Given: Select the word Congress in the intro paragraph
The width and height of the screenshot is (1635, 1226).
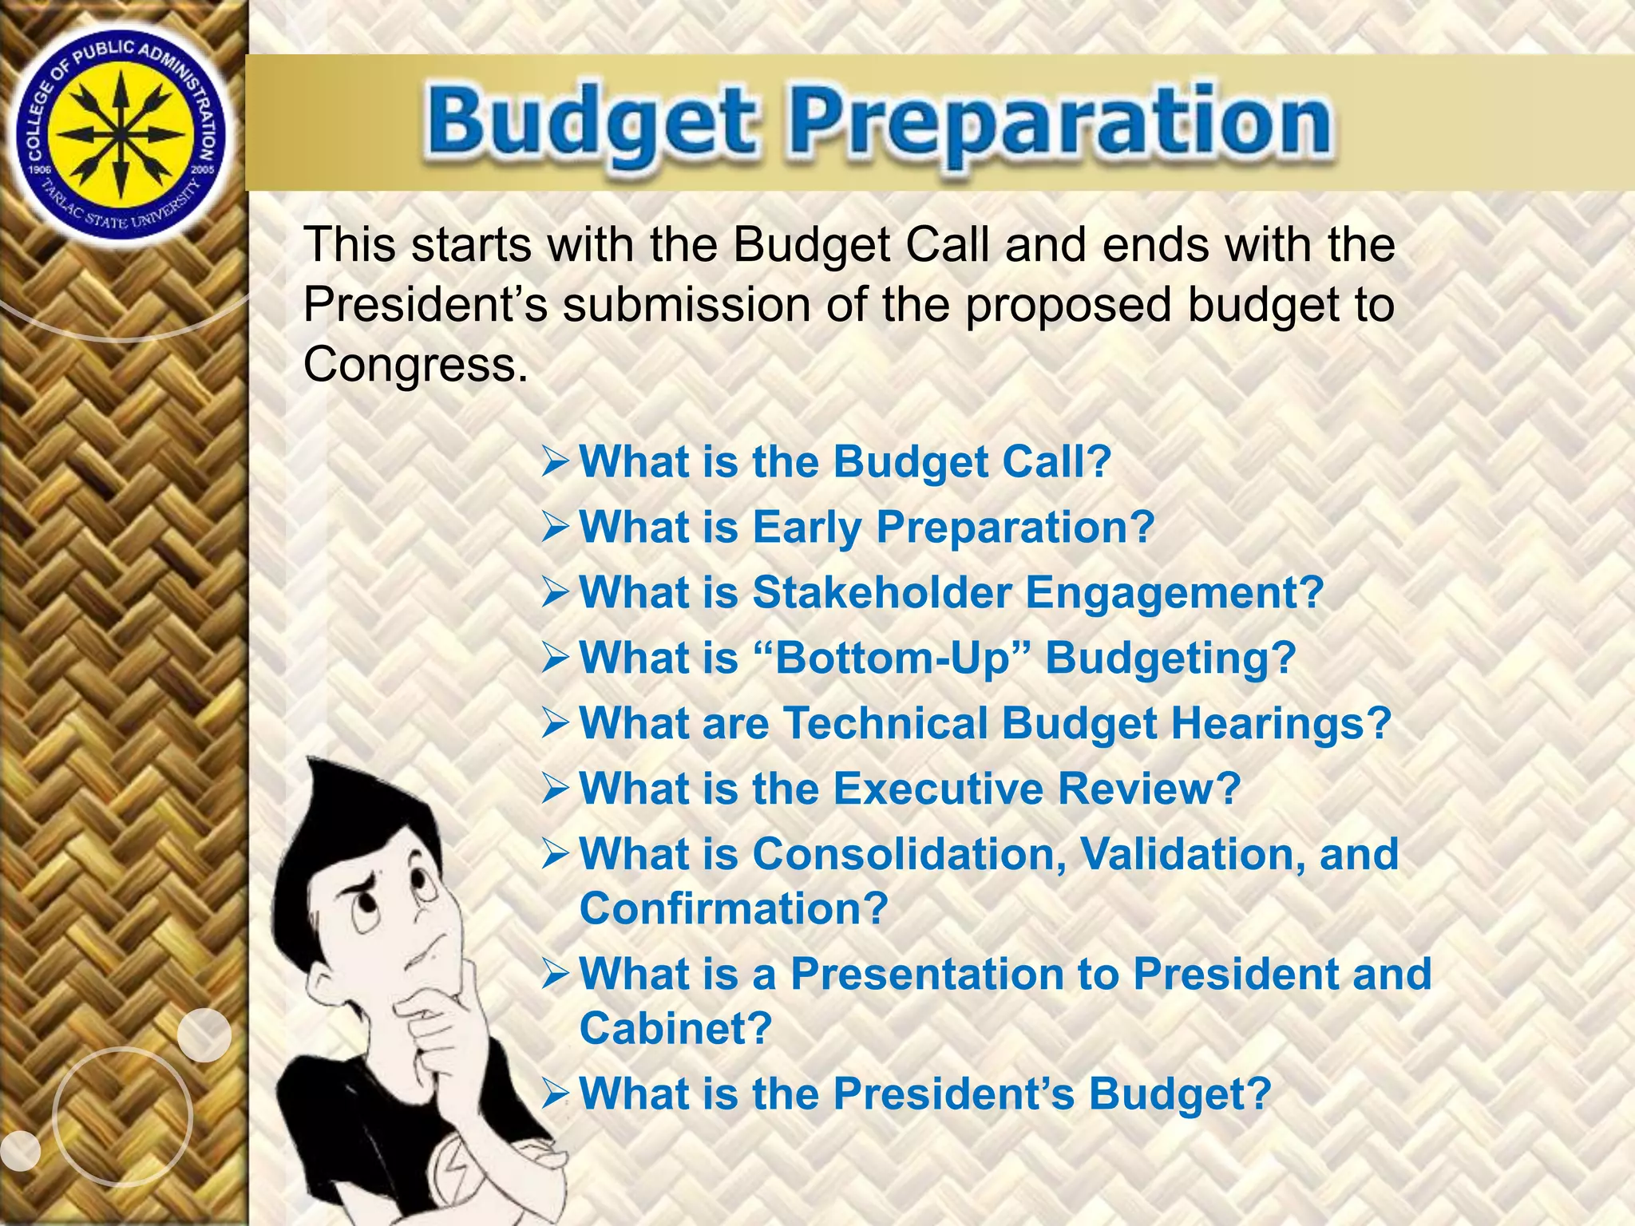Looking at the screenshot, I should tap(414, 365).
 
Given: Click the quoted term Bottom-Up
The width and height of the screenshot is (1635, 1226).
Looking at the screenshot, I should tap(891, 658).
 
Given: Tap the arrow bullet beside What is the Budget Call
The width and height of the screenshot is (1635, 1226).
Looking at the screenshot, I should tap(556, 462).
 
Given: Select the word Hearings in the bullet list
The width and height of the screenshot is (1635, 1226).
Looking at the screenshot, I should tap(1281, 723).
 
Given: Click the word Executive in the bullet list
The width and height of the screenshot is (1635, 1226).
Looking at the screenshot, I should tap(938, 789).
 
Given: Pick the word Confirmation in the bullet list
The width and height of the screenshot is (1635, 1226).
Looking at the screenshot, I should tap(733, 908).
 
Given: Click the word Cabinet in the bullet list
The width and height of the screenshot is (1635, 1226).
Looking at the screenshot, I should tap(675, 1028).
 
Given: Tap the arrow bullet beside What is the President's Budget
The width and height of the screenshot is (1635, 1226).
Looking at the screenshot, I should tap(556, 1094).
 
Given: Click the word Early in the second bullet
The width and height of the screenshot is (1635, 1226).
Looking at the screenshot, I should tap(806, 528).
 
